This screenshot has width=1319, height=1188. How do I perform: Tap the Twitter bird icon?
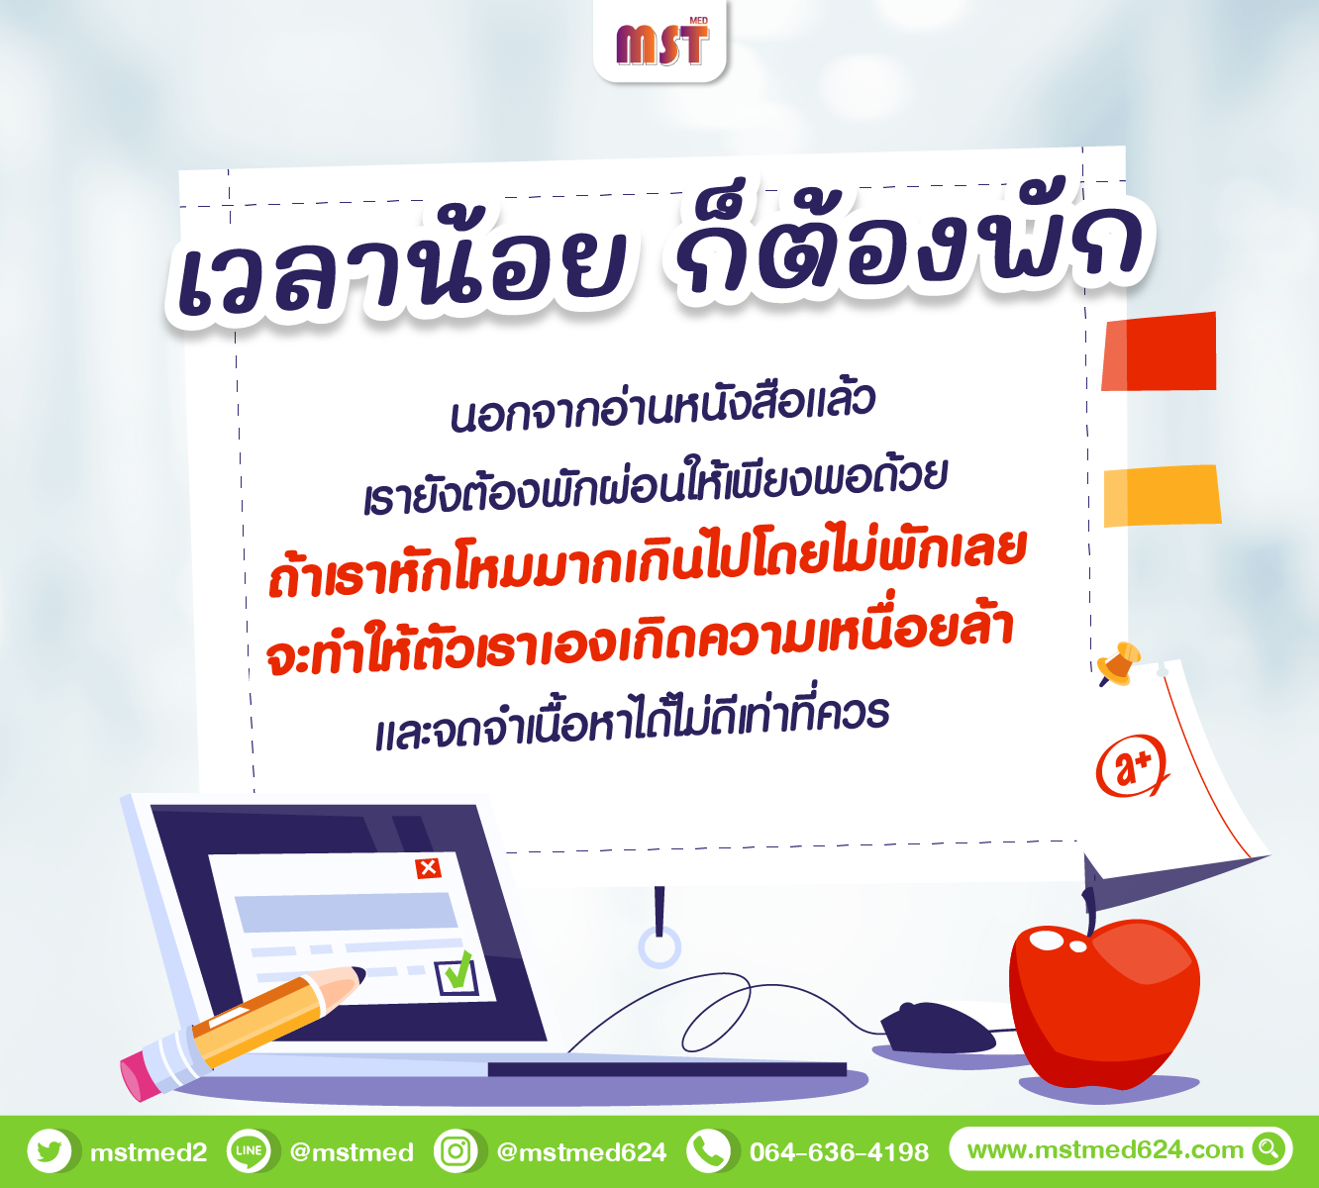(x=50, y=1151)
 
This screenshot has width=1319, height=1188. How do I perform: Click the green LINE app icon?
(x=249, y=1151)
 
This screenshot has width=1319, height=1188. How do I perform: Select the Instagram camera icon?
(x=456, y=1151)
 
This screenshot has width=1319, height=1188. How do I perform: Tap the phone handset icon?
(x=708, y=1151)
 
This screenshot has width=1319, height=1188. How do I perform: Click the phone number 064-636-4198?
(x=839, y=1151)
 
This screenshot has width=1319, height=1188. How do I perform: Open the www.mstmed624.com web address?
(x=1105, y=1149)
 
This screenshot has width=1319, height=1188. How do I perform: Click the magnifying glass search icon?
(x=1268, y=1148)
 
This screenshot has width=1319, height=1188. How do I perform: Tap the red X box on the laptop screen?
(x=428, y=868)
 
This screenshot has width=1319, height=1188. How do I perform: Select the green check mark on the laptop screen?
(x=457, y=970)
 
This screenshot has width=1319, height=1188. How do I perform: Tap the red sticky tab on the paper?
(x=1159, y=351)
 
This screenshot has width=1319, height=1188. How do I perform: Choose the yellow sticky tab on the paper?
(x=1162, y=496)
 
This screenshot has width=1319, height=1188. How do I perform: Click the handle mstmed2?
(x=149, y=1152)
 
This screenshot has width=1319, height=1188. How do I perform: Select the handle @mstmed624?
(x=581, y=1152)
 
